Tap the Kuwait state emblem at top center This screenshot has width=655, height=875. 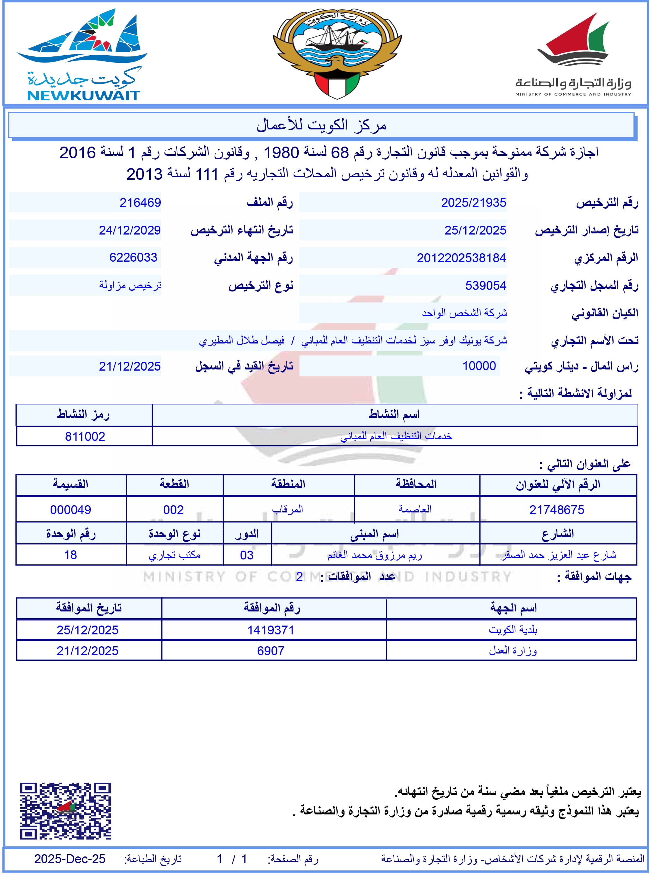(x=337, y=53)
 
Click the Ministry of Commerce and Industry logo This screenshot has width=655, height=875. (x=573, y=55)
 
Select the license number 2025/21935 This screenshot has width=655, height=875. (x=473, y=202)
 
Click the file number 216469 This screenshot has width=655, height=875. (x=140, y=202)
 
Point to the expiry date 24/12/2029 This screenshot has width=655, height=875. (x=130, y=230)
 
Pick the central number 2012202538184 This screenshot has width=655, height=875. (x=461, y=258)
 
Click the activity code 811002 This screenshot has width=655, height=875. (x=85, y=437)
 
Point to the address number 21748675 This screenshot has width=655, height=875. (x=557, y=510)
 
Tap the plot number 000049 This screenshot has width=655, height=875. (x=71, y=510)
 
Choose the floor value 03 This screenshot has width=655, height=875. (x=247, y=555)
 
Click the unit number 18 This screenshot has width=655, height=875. (x=71, y=555)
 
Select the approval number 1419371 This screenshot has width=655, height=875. (x=271, y=630)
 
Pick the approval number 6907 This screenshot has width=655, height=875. (x=271, y=651)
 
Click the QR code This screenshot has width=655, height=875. (x=65, y=811)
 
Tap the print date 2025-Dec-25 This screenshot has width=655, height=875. (x=70, y=858)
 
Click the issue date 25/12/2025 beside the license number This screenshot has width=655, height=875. (x=475, y=230)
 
